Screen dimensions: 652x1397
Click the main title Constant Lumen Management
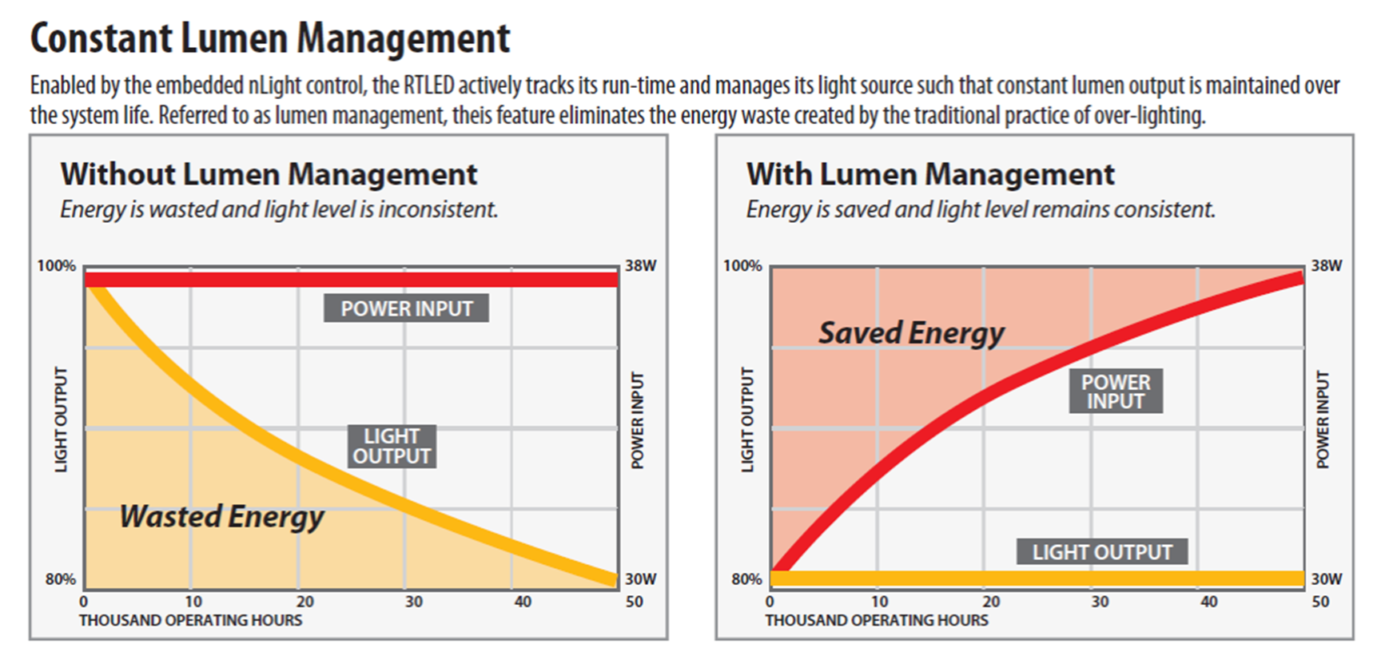(270, 38)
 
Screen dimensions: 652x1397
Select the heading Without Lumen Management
(269, 174)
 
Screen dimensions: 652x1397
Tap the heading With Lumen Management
(930, 174)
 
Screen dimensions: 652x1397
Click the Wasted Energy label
(221, 516)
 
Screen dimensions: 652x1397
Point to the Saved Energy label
(911, 332)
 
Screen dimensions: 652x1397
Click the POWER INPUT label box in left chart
(406, 308)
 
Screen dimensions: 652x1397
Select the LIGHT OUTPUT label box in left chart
(392, 446)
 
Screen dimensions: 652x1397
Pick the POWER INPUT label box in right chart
(1116, 391)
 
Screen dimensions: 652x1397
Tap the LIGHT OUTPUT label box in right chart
(1101, 551)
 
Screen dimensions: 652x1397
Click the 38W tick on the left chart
(640, 266)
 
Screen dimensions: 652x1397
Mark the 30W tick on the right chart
(1326, 578)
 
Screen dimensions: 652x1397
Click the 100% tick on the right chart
(742, 266)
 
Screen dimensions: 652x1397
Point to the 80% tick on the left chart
(60, 578)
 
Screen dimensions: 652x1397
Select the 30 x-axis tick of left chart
(413, 602)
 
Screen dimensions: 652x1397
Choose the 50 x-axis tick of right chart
(1320, 602)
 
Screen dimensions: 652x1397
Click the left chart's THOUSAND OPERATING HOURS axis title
(190, 620)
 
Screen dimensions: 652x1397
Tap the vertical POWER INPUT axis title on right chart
(1323, 419)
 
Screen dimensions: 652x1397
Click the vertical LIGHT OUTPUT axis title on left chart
(62, 419)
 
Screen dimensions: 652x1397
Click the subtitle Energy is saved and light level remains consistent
(980, 209)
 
